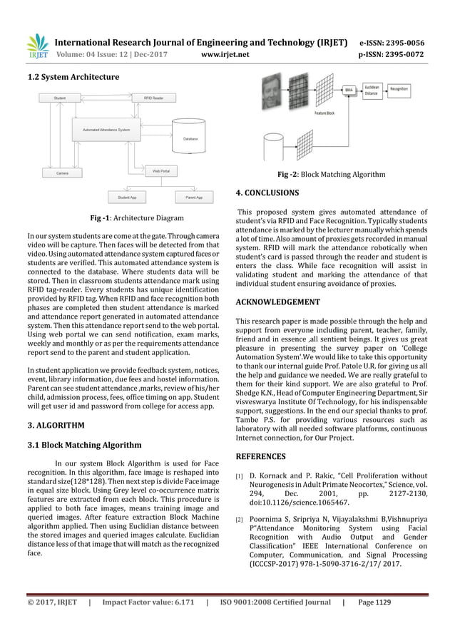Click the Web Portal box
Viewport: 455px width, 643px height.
pos(160,172)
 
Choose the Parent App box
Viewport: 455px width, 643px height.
pos(194,196)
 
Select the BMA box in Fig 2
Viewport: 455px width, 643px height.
pos(349,91)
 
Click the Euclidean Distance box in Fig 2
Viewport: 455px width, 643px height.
pos(372,89)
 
